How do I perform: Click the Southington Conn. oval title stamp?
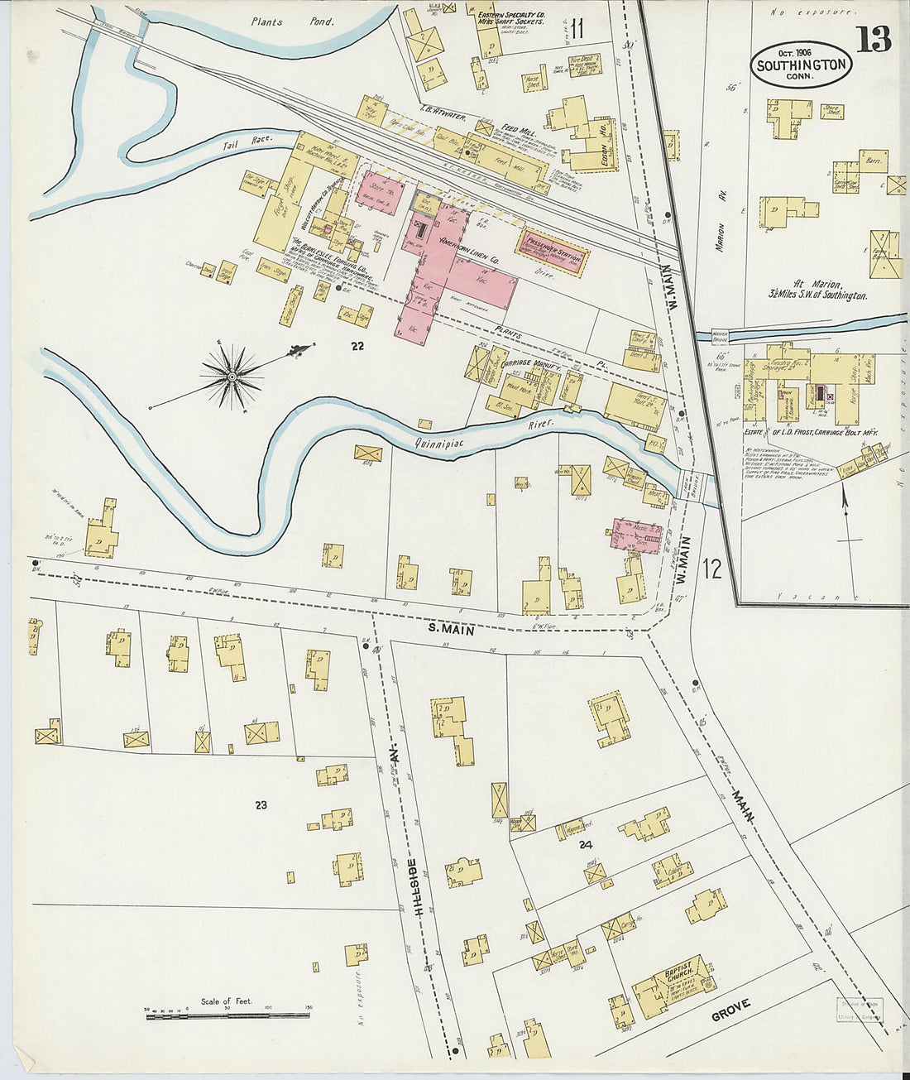pos(801,65)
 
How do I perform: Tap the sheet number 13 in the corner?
pos(873,39)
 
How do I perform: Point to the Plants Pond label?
pos(292,22)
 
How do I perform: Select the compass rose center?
pos(232,377)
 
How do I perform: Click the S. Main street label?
pos(451,630)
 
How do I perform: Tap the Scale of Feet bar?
pos(227,1015)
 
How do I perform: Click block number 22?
pos(357,346)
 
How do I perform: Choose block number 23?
pos(261,804)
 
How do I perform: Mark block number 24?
pos(586,844)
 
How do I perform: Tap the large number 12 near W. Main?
pos(711,568)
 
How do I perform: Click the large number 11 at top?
pos(577,28)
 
